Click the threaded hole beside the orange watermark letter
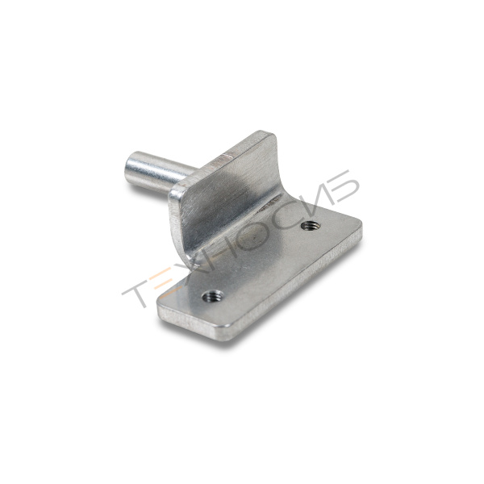click(x=213, y=297)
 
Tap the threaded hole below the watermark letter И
click(x=311, y=226)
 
